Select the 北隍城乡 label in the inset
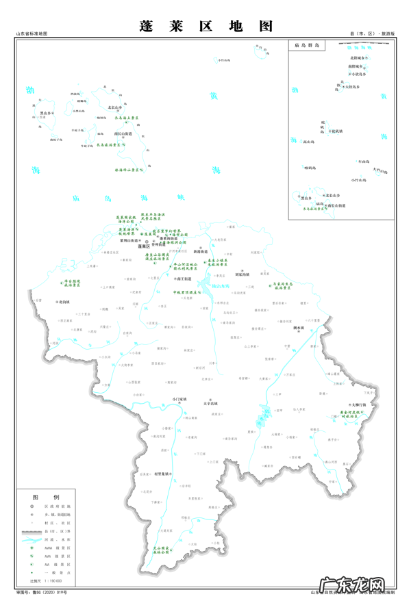358,58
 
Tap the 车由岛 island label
363,162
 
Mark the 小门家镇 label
178,398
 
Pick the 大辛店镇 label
211,404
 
